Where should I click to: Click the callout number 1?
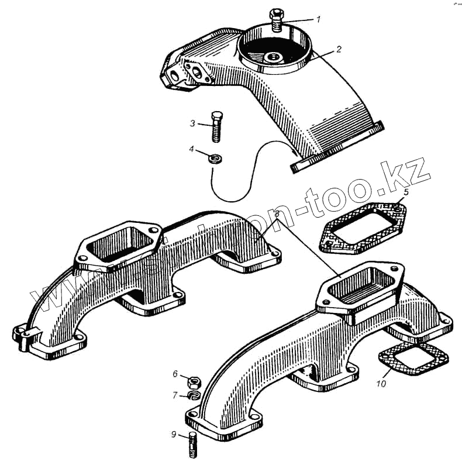pos(318,19)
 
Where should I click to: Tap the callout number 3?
pos(192,123)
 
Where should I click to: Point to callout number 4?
pos(192,150)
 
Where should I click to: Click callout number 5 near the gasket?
pos(406,192)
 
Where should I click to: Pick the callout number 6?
pos(175,374)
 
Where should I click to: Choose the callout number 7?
pos(175,395)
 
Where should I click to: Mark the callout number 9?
pos(174,435)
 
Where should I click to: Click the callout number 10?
pos(381,384)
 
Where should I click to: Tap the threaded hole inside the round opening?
pos(273,57)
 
